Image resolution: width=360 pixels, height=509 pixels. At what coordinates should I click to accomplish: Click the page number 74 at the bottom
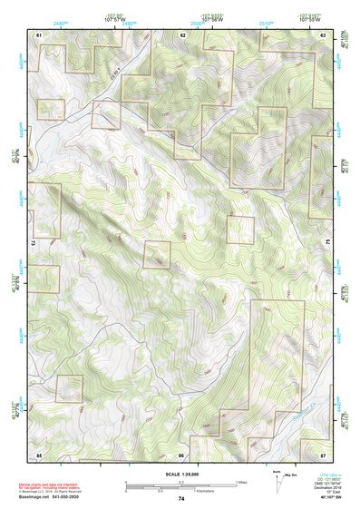(x=180, y=499)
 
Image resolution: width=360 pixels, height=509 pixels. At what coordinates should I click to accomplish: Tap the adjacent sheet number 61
(x=39, y=34)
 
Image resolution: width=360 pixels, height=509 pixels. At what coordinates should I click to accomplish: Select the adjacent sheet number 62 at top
(x=182, y=34)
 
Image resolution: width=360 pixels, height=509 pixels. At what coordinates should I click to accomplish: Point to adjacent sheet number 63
(x=324, y=34)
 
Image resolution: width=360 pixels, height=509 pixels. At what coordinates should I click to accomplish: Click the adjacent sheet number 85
(x=39, y=453)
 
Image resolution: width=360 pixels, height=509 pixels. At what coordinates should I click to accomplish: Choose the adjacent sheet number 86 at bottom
(x=181, y=453)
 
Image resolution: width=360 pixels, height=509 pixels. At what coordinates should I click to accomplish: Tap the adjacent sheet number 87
(x=324, y=453)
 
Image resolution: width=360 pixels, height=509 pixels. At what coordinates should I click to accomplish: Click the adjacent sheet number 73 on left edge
(x=33, y=243)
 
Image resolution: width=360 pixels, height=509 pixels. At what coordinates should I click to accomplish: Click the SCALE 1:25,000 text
(x=180, y=474)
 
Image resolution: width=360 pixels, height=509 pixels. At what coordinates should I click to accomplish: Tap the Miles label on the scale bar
(x=241, y=481)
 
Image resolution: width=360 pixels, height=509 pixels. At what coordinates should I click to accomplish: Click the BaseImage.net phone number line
(x=54, y=497)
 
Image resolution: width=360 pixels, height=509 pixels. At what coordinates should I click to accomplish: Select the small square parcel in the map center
(x=239, y=230)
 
